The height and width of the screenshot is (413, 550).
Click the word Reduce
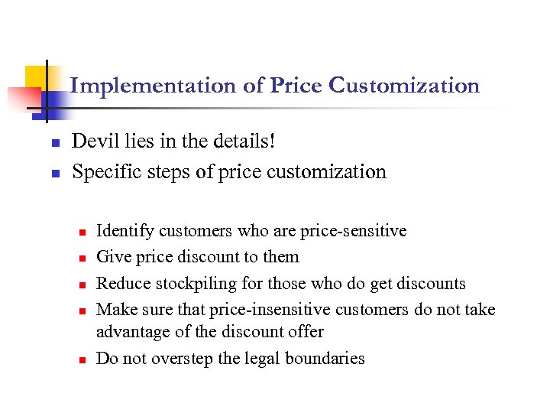[x=123, y=283]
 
